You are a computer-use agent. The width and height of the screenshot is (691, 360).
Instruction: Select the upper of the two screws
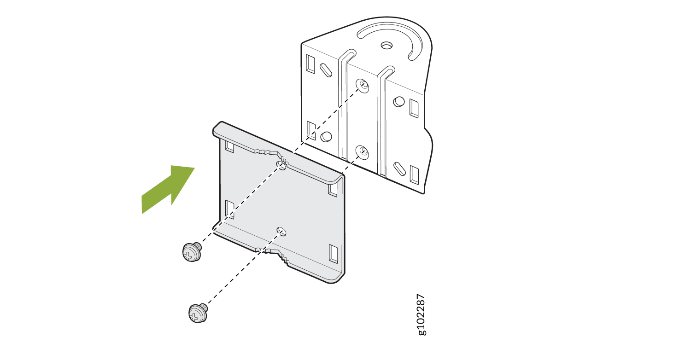[192, 252]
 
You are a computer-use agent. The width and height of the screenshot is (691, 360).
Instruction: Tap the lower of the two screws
[198, 313]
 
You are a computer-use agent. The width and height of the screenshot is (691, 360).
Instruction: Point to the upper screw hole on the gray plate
[281, 165]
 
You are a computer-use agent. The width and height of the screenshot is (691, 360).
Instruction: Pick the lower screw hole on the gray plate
[281, 232]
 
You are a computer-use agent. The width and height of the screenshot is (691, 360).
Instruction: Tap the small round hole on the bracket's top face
[386, 46]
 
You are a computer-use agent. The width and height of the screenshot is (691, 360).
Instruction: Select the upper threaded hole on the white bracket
[363, 85]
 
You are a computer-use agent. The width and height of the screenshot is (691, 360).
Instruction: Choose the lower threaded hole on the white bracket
[362, 152]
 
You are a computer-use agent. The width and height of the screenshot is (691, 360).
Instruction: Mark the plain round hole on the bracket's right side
[398, 101]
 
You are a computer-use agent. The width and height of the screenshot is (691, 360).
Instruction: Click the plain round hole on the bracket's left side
[326, 137]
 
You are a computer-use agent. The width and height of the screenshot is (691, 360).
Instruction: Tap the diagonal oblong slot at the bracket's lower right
[399, 169]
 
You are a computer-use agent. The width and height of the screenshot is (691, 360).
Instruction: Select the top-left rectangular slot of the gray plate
[229, 146]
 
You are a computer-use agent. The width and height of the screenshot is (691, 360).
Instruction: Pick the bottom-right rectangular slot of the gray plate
[333, 254]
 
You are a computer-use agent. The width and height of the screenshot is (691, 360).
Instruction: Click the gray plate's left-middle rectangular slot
[229, 209]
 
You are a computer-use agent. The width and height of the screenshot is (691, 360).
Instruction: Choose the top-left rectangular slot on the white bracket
[310, 64]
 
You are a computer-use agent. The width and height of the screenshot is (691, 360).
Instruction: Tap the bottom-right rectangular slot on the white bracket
[414, 175]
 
